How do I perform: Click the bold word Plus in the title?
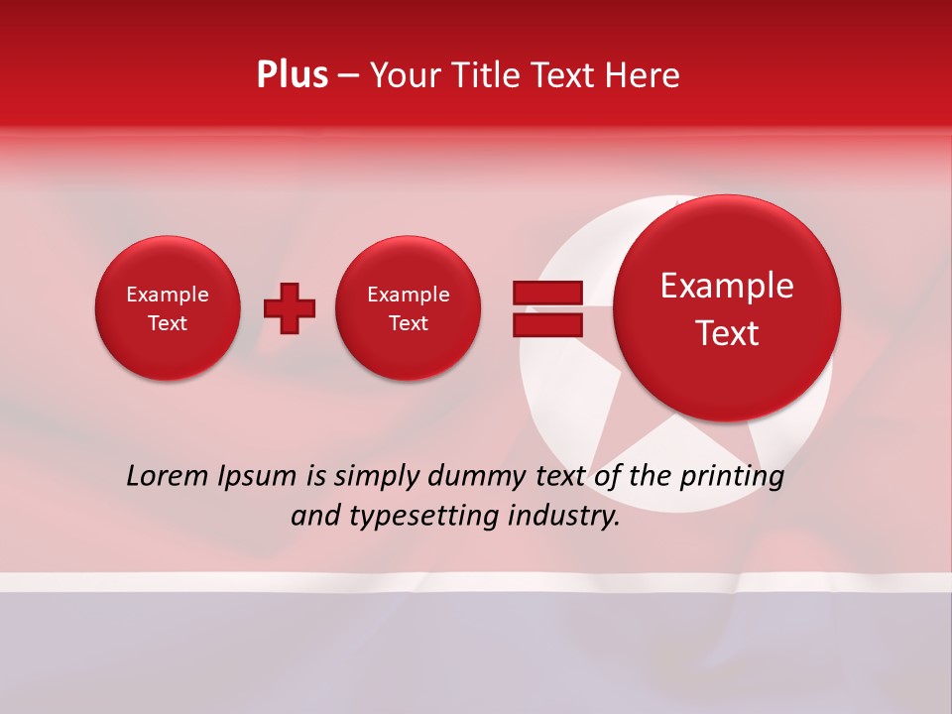(292, 75)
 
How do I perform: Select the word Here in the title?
(644, 75)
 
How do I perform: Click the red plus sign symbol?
(290, 308)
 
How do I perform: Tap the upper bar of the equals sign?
(547, 293)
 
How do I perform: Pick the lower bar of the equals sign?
(547, 324)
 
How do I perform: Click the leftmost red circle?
(168, 308)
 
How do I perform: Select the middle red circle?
(409, 308)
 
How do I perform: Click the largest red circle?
(727, 308)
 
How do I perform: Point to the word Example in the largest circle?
(727, 286)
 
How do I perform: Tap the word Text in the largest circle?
(727, 333)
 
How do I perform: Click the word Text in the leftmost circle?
(168, 323)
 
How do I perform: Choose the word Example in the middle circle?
(409, 295)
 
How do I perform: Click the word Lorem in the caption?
(168, 476)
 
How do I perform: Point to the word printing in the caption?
(733, 477)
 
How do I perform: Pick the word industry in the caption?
(563, 517)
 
